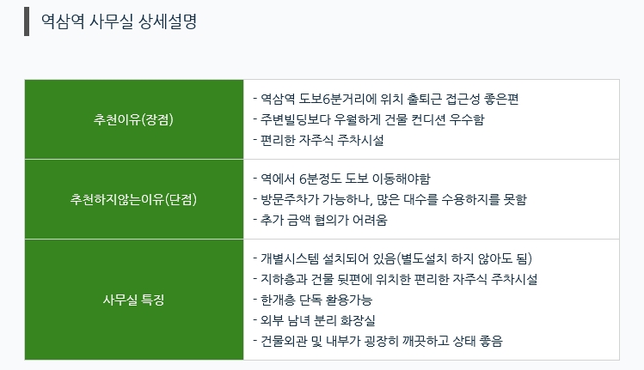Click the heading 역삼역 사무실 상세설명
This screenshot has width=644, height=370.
(120, 21)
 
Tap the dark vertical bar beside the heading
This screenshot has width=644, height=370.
(27, 21)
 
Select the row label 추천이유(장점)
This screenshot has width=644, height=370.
(133, 119)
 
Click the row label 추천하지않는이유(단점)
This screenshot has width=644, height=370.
(133, 199)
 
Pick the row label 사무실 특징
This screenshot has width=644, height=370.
(133, 300)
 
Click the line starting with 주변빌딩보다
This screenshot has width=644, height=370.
(372, 119)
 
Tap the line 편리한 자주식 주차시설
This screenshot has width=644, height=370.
(322, 140)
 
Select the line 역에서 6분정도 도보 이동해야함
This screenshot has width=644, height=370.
(346, 179)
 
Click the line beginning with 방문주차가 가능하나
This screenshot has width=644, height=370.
(394, 199)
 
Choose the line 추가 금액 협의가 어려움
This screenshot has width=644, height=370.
(323, 220)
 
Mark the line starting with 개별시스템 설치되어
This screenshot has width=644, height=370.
(396, 258)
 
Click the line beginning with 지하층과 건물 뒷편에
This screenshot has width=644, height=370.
(399, 279)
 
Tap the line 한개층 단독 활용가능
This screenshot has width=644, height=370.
(316, 300)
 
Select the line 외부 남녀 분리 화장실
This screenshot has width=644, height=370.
(318, 320)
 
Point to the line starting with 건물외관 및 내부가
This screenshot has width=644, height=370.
(382, 341)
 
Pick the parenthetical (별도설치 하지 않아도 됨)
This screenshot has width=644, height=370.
(464, 258)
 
